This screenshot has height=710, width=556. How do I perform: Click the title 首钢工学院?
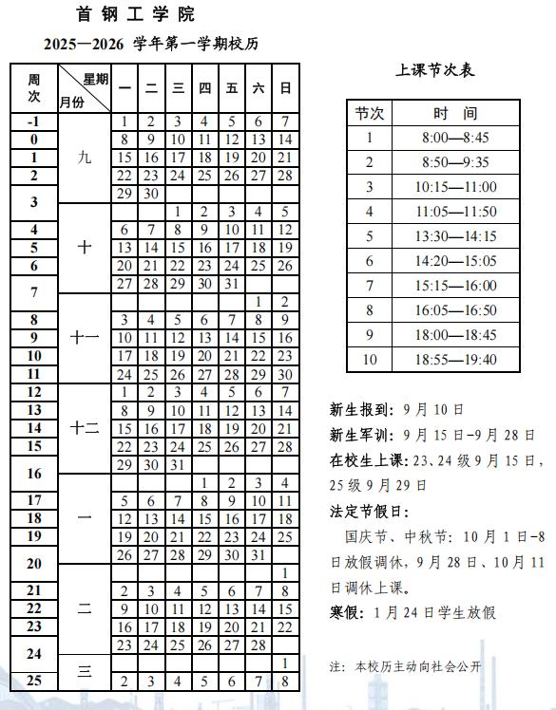(135, 14)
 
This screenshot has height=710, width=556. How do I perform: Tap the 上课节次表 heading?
(435, 70)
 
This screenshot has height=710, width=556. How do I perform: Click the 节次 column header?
(370, 113)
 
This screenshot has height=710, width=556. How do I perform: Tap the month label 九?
(85, 158)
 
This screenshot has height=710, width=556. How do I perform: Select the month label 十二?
(85, 428)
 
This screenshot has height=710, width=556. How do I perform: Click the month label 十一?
(85, 338)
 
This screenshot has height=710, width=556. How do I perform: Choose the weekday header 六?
(259, 88)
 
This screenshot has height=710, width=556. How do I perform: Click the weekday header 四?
(204, 88)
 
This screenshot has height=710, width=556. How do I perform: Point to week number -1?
(33, 121)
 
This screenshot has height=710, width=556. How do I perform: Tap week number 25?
(33, 681)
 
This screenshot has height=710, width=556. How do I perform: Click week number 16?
(33, 474)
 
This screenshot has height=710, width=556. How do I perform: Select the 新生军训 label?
(360, 435)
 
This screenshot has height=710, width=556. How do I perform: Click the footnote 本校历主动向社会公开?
(418, 666)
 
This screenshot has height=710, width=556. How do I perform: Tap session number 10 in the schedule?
(370, 359)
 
